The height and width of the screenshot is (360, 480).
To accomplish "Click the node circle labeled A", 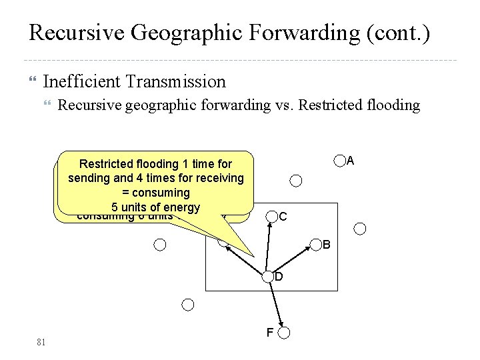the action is (340, 160).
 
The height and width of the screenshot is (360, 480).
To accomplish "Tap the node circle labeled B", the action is (316, 245).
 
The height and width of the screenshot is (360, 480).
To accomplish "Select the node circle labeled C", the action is (272, 216).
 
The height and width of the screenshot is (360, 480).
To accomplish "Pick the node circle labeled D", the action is (268, 276).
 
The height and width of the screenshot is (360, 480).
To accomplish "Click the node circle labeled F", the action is (284, 332).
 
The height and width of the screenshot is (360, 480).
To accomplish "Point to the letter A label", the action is (351, 161).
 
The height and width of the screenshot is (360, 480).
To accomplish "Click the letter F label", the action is (269, 331).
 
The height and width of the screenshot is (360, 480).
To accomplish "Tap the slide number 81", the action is (41, 343).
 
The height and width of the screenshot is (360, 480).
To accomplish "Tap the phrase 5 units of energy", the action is (157, 207).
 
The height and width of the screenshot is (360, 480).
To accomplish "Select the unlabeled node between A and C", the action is (296, 180).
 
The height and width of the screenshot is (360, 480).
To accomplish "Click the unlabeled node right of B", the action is (360, 229).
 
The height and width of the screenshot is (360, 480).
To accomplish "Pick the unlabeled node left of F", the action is (188, 305).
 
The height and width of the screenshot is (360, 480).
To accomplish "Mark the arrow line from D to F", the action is (276, 304).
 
